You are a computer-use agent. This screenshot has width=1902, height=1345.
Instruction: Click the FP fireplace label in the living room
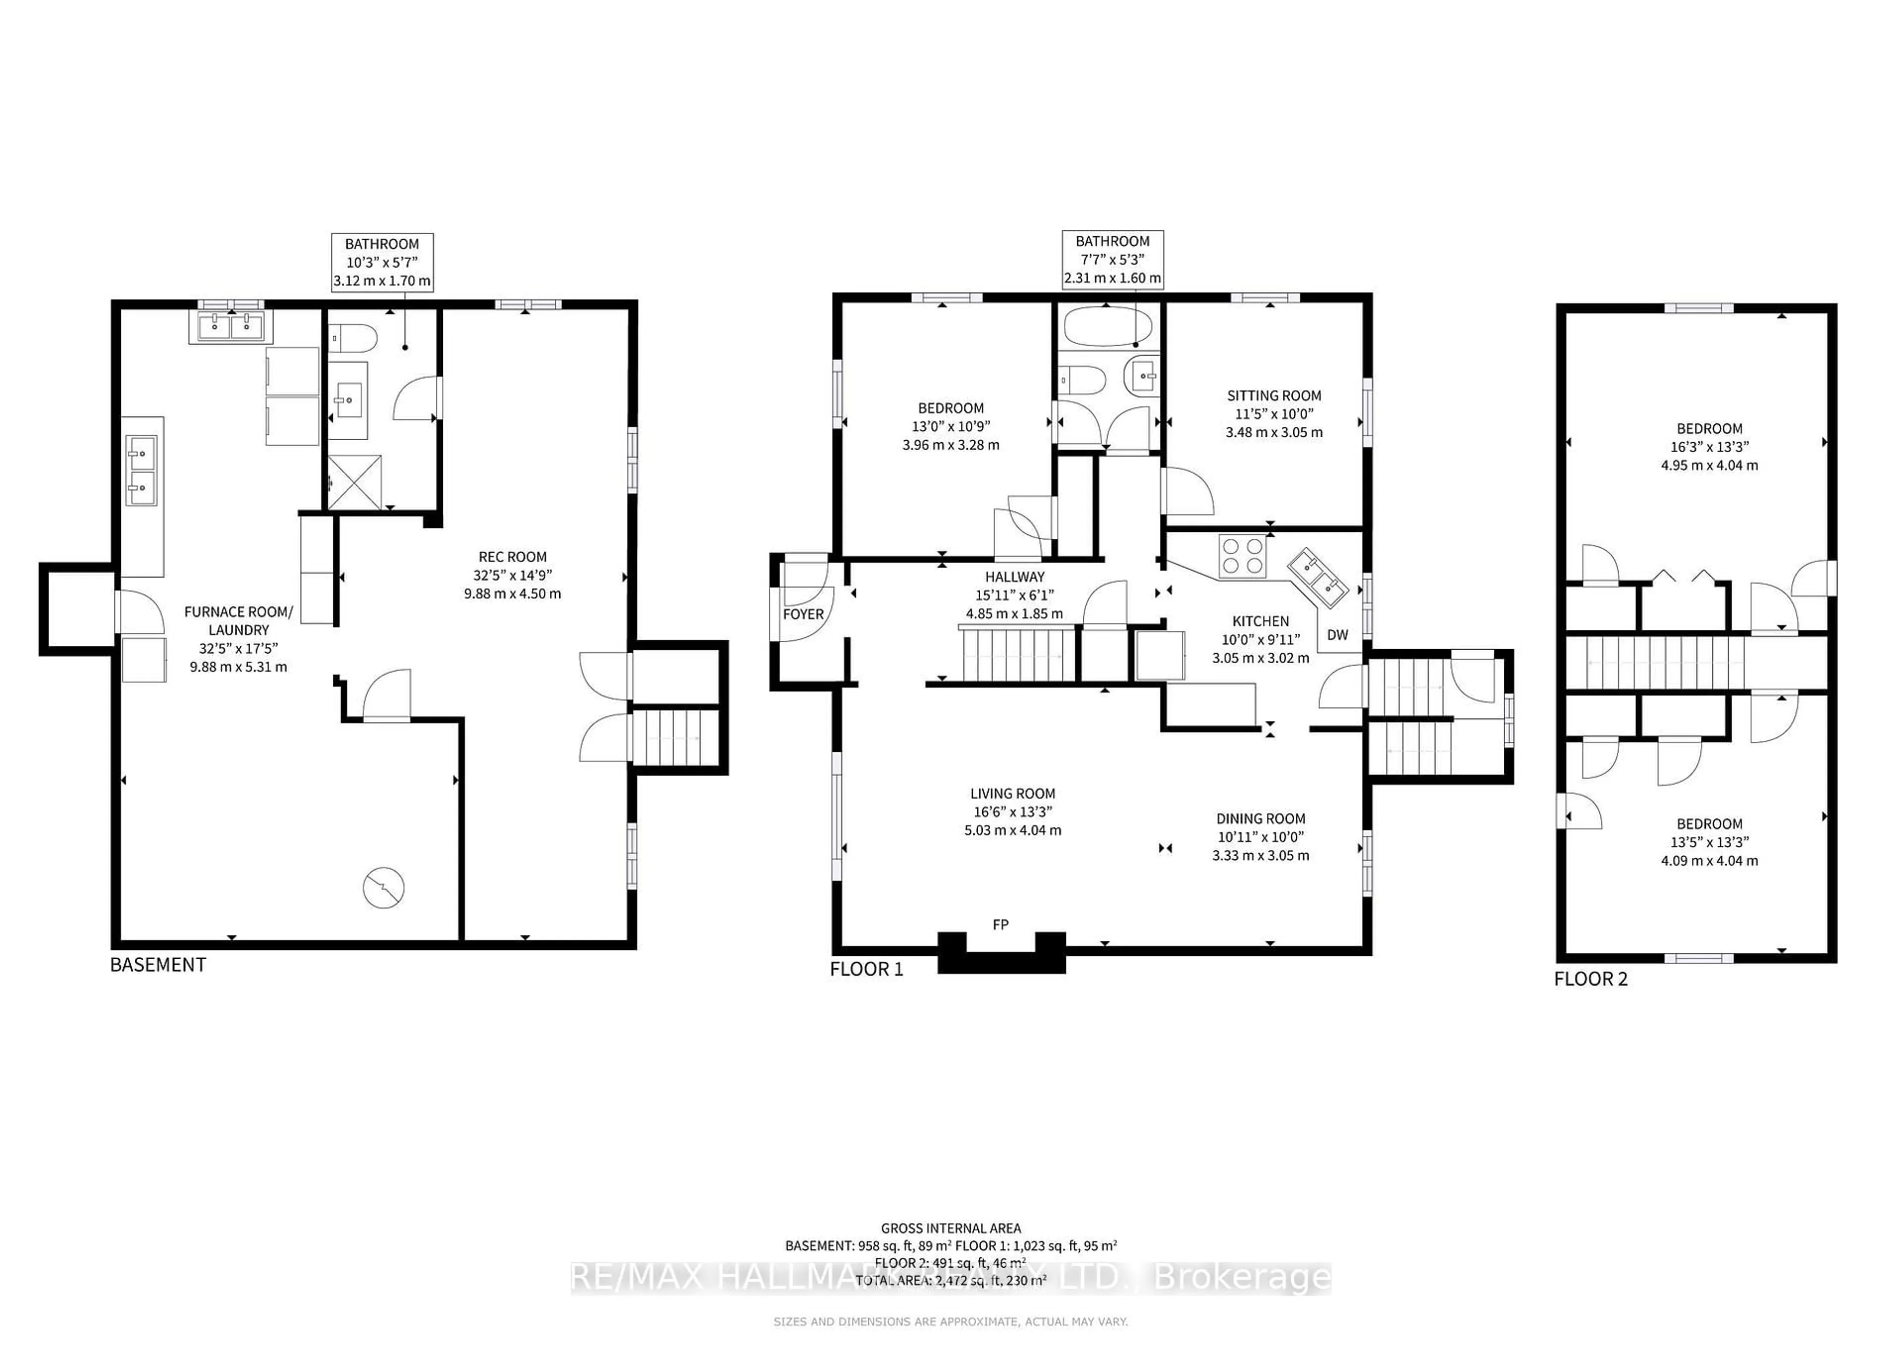1000,924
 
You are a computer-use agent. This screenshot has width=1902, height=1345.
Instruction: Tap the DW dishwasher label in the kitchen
1337,635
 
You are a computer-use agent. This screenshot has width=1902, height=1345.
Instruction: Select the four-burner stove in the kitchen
1243,556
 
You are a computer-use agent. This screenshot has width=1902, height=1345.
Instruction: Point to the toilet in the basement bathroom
354,338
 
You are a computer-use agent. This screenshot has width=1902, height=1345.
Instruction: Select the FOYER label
803,614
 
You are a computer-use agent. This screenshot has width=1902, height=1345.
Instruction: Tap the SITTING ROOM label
1273,396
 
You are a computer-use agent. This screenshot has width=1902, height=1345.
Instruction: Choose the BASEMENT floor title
158,965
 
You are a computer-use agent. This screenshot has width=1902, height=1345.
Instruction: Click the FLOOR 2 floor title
1589,979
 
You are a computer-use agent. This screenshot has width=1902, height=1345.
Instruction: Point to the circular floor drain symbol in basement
383,888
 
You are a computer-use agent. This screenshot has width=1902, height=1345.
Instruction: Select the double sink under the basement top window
230,327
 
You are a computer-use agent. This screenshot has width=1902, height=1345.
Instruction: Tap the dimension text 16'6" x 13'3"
1012,812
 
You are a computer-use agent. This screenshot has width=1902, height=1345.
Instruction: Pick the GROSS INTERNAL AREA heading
950,1228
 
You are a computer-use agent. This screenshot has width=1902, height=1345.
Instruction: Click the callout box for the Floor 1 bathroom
1112,259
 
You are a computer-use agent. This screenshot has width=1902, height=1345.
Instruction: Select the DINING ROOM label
1260,818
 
